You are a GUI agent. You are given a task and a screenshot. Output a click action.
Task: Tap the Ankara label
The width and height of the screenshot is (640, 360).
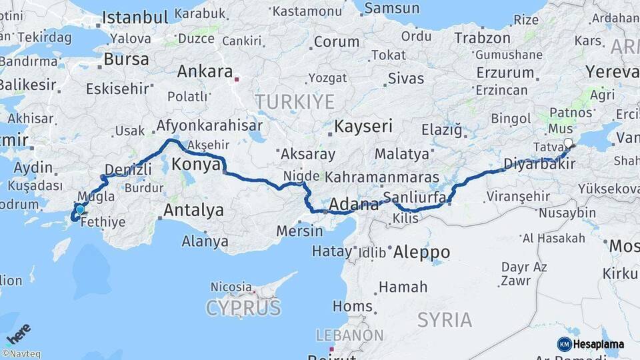[x=205, y=71]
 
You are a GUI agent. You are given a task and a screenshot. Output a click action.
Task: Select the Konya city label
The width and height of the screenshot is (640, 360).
[x=195, y=164]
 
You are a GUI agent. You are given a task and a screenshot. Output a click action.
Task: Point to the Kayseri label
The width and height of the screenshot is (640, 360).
[x=363, y=126]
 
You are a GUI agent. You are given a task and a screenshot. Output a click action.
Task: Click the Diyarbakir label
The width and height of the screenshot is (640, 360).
[x=539, y=164]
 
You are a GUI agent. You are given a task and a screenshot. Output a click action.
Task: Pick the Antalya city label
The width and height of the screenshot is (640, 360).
[x=193, y=211]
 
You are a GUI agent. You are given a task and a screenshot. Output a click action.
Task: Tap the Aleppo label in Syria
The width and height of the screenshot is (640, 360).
[x=421, y=252]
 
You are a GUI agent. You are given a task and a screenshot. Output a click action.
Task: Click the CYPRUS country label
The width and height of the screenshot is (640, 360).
[x=243, y=308]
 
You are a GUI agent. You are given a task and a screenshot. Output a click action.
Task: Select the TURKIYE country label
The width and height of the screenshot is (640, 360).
[x=294, y=101]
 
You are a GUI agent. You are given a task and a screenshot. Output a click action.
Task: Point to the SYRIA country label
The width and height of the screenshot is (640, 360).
[x=444, y=319]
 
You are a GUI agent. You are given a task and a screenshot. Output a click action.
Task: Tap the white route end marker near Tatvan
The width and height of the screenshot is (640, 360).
[x=568, y=143]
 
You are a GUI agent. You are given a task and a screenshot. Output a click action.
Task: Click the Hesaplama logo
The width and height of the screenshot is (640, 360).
[x=591, y=344]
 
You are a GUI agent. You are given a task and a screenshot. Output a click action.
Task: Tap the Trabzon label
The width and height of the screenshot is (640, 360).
[x=483, y=38]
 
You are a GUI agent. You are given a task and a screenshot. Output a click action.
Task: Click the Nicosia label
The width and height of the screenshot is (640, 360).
[x=231, y=287]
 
